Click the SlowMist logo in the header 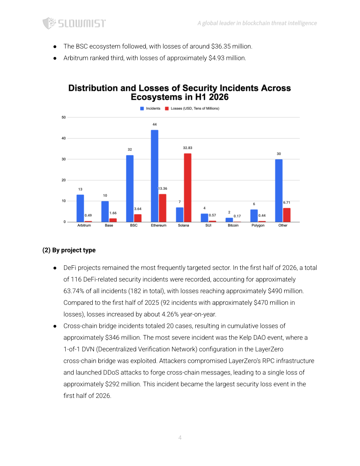point(74,23)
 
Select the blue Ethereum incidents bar point(155,176)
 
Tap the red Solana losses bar point(187,187)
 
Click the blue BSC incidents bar point(130,189)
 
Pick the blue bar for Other point(279,191)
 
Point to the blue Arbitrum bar point(80,208)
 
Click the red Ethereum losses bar point(163,208)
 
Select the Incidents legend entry point(150,108)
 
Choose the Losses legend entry point(192,108)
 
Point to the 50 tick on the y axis point(64,117)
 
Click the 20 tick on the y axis point(64,180)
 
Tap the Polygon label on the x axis point(258,225)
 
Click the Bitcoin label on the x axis point(233,225)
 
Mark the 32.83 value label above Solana point(187,148)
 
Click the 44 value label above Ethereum point(155,124)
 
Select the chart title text point(180,92)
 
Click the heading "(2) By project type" point(69,250)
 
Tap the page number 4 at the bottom point(180,437)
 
